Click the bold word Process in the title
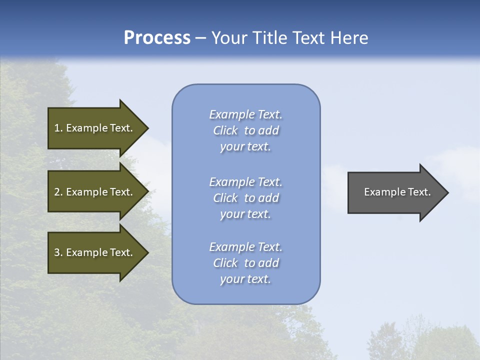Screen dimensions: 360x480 [157, 38]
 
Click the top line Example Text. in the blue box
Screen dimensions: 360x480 [246, 114]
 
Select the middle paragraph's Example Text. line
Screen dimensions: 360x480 [246, 182]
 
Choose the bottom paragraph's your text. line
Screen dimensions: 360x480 [246, 279]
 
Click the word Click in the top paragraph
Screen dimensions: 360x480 [225, 130]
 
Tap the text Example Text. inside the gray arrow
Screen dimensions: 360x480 [397, 192]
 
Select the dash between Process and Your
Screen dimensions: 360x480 [201, 38]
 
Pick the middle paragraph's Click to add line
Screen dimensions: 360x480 [246, 198]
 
